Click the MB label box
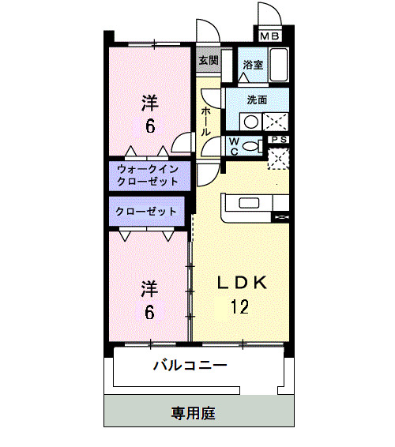[270, 36]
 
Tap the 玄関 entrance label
[207, 60]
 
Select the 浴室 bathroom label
[253, 66]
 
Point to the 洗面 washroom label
[257, 100]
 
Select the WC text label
[235, 145]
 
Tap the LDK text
[243, 282]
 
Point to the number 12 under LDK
[240, 306]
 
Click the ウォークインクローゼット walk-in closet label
[149, 175]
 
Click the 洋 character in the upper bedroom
[149, 103]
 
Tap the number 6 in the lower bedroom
[149, 311]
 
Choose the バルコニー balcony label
[190, 366]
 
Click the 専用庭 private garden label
[194, 412]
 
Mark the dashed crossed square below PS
[279, 158]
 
